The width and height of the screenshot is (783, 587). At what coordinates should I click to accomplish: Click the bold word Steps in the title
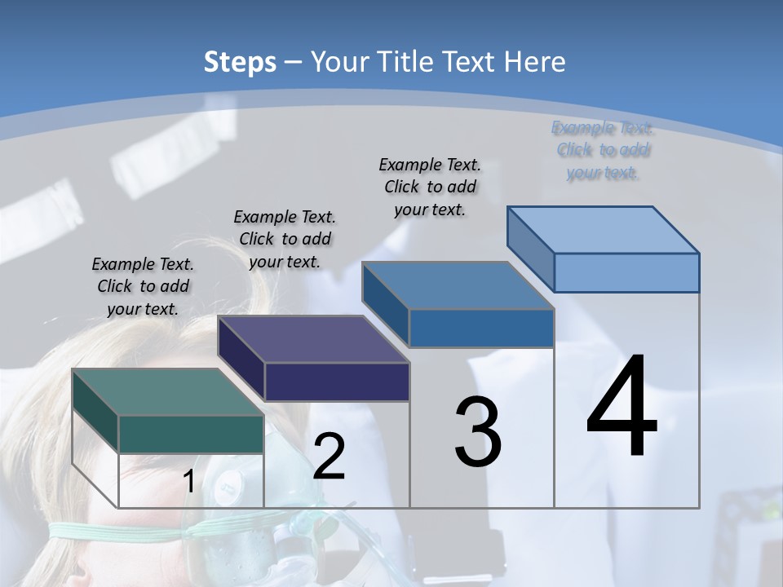pos(240,62)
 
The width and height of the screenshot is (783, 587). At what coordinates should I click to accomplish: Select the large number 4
pos(622,408)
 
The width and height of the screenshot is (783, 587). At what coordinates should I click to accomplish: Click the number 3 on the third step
pos(477,433)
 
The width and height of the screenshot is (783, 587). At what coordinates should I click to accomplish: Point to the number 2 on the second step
pos(329,457)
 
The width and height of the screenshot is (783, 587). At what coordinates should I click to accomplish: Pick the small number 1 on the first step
pos(188,482)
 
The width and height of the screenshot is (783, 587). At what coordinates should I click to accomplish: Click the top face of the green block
pos(167,392)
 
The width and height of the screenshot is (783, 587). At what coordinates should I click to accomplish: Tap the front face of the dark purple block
pos(337,382)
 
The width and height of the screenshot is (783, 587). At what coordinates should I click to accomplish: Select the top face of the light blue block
pos(604,229)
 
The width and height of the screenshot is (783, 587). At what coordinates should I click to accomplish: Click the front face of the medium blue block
pos(481,328)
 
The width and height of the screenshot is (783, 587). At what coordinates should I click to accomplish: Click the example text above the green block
pos(143,287)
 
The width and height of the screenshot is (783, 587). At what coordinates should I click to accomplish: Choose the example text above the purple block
pos(285,239)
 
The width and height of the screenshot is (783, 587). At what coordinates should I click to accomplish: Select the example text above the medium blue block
pos(430,187)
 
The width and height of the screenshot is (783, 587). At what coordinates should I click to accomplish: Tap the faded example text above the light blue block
pos(602,150)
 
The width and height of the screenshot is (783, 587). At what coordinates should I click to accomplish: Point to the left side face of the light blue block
pos(530,248)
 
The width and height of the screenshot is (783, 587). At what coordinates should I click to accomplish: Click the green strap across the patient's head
pos(122,531)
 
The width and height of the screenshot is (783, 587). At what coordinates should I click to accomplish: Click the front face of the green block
pos(191,434)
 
